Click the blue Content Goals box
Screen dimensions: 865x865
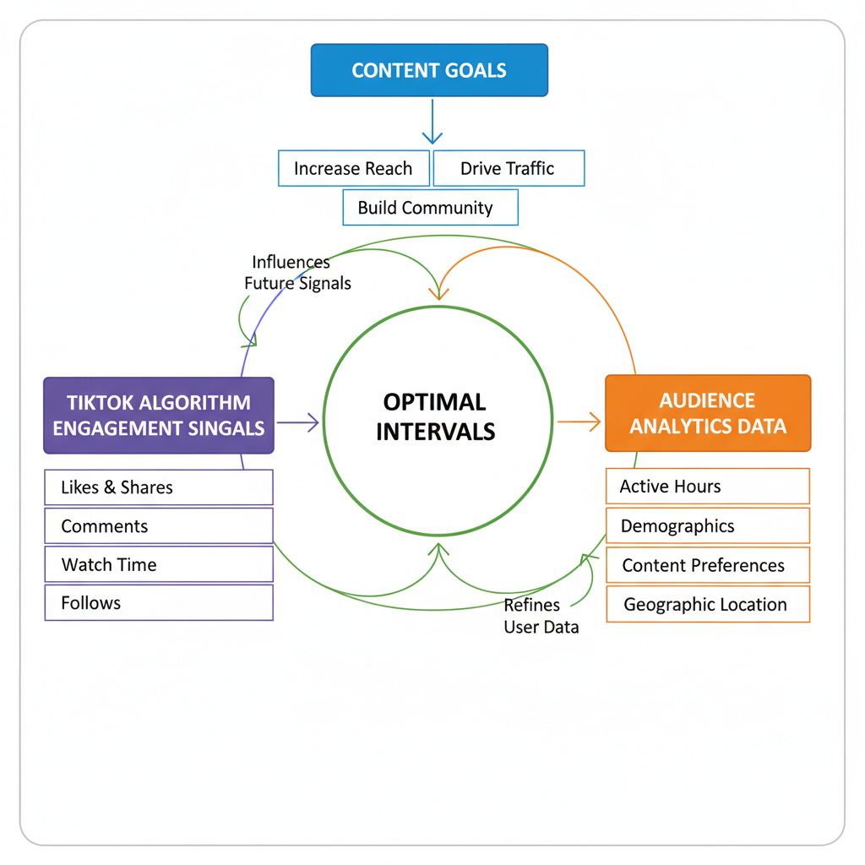(429, 70)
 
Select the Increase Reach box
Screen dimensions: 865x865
(353, 168)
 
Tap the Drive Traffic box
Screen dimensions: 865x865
(508, 168)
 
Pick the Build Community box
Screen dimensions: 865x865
(429, 208)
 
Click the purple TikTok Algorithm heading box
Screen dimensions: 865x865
(159, 415)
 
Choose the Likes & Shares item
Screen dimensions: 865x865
(159, 487)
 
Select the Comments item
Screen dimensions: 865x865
(159, 526)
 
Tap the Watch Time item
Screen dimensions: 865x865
(159, 564)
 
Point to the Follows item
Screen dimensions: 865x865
(159, 603)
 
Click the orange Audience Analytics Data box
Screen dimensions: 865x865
(708, 413)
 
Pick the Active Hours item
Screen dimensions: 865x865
(708, 487)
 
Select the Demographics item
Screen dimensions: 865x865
(708, 526)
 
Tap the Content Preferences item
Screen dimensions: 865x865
(708, 565)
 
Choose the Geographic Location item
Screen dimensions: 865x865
(708, 605)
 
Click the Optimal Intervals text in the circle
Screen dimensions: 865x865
(435, 416)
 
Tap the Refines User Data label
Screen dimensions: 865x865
(541, 616)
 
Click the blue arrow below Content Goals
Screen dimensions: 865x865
(432, 122)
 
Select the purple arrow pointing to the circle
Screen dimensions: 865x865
(298, 422)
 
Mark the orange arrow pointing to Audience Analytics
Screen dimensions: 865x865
(579, 422)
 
